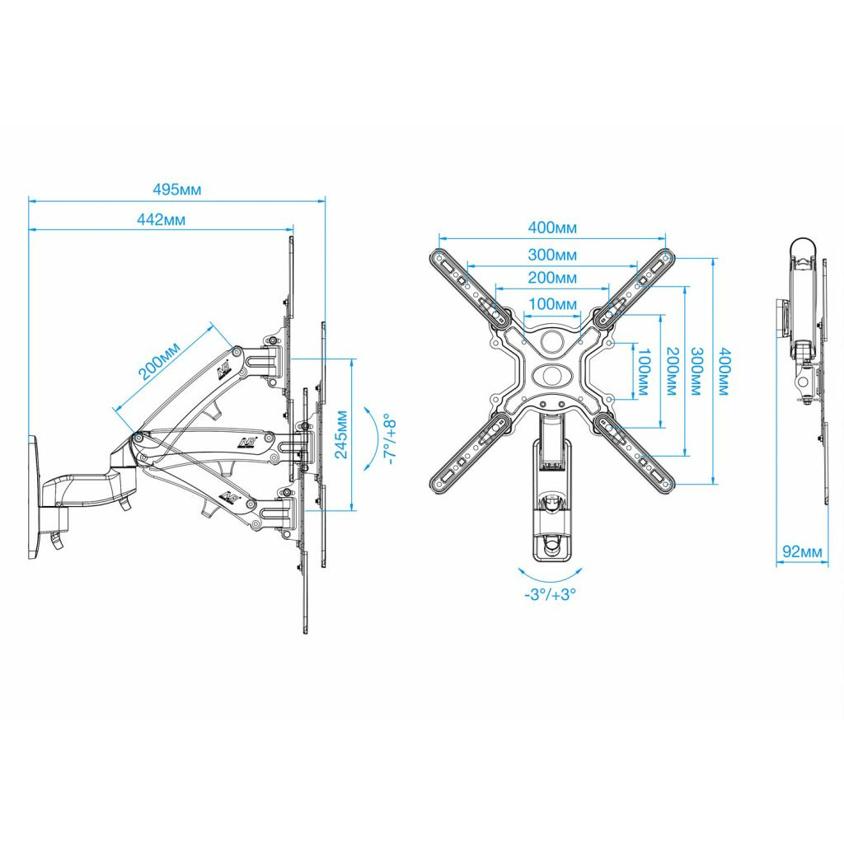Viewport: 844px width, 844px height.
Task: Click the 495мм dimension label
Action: (x=176, y=189)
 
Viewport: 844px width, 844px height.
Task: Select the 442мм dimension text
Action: (x=162, y=219)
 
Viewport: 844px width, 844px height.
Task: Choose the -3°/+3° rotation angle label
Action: (x=549, y=595)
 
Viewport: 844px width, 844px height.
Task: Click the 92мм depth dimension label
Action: (x=801, y=552)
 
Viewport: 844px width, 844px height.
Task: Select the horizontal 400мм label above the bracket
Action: (x=552, y=228)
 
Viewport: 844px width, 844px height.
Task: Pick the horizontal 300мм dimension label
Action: (x=552, y=255)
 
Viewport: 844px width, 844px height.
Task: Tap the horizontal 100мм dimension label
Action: (x=552, y=304)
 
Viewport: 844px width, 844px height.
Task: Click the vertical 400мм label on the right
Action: (x=723, y=370)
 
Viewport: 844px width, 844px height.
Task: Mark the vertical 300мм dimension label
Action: (x=696, y=370)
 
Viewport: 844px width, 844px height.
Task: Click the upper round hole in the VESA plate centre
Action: (x=552, y=340)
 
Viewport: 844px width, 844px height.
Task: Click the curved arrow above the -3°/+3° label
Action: (x=549, y=575)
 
